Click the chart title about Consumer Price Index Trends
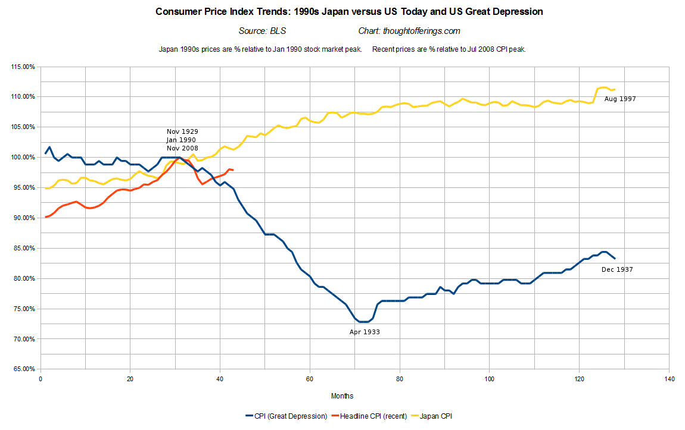(349, 12)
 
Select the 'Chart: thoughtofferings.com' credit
(409, 31)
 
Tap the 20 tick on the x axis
(130, 379)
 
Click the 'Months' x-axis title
(342, 396)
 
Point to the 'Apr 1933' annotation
(365, 332)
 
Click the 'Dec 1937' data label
(617, 269)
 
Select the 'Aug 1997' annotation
(620, 99)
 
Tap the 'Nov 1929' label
(182, 131)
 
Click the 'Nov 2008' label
(182, 148)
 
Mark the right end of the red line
(233, 170)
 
